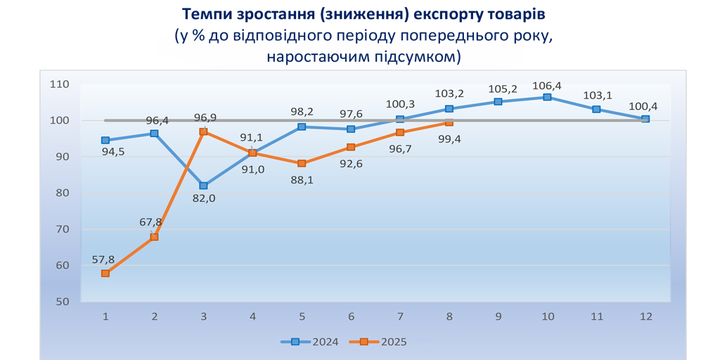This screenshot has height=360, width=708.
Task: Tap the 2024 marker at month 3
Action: pos(203,186)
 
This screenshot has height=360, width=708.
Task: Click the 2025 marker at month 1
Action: pos(105,274)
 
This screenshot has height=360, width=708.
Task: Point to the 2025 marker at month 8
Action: pos(449,122)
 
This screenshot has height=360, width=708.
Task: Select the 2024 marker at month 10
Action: pos(547,97)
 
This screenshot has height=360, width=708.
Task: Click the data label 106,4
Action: pos(547,86)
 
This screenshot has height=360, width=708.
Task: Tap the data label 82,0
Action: pos(203,199)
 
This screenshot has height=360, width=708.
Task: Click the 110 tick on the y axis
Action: pos(60,84)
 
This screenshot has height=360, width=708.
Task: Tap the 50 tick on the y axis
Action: pos(62,302)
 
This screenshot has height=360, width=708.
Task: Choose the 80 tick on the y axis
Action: pos(62,193)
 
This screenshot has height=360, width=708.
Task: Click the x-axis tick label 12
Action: pos(645,316)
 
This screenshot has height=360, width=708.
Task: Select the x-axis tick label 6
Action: pos(351,316)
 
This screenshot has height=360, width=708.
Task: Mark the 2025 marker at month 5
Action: pos(302,164)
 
